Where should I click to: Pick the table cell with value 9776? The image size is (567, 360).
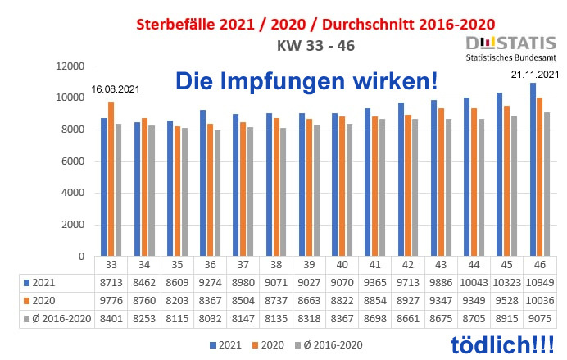click(111, 299)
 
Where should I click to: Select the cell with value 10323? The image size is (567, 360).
click(508, 282)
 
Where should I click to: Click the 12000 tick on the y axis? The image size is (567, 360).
click(70, 66)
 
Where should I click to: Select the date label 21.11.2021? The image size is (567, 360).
click(534, 75)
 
